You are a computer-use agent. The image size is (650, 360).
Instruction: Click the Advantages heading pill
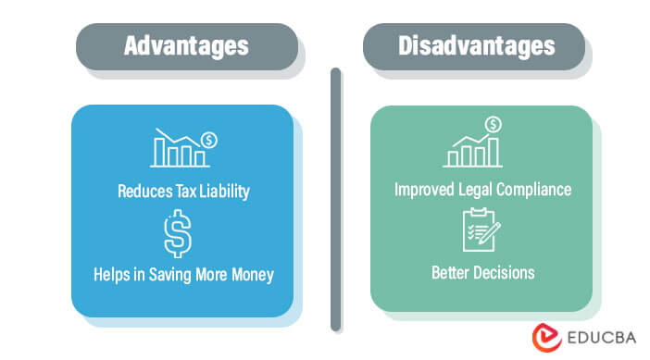[186, 45]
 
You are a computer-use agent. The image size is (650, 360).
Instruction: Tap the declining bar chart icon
[182, 147]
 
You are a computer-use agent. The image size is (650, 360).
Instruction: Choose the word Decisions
[505, 274]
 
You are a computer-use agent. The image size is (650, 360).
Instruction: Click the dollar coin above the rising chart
[494, 124]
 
